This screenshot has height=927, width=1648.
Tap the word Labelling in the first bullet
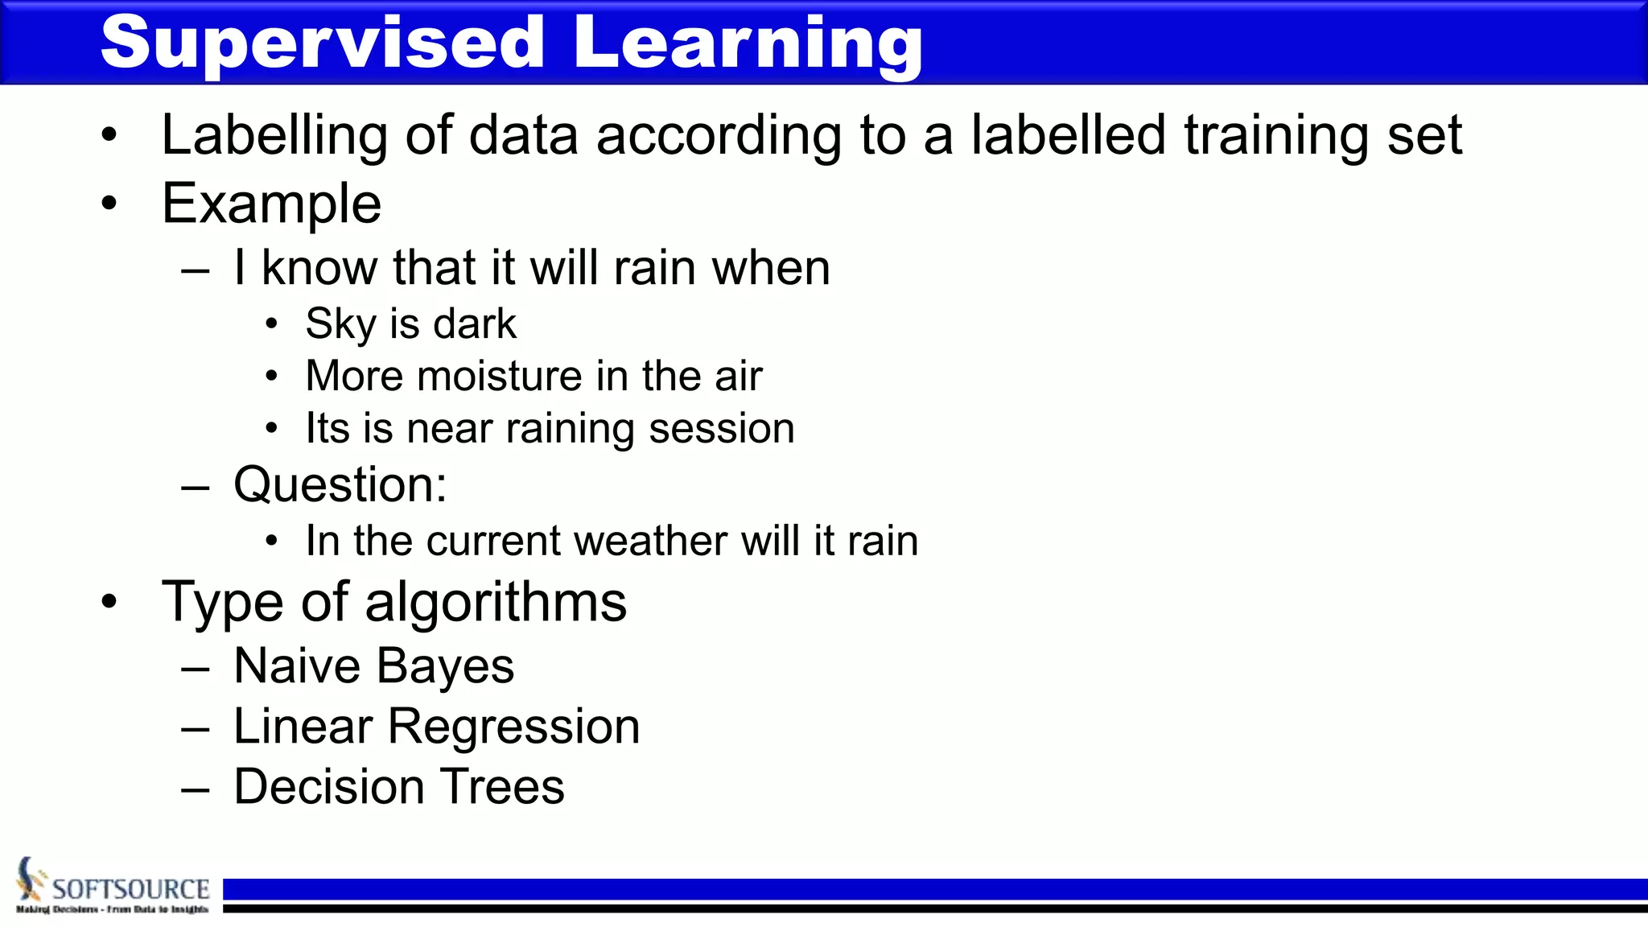coord(274,135)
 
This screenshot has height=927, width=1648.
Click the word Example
coord(271,204)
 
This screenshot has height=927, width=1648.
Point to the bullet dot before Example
coord(109,204)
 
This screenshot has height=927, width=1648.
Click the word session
coord(721,429)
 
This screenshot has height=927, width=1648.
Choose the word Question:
coord(340,485)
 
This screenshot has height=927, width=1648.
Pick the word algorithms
coord(495,602)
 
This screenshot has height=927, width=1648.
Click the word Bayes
coord(444,666)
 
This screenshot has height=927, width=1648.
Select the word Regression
coord(513,727)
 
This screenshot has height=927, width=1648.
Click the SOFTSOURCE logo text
coord(130,889)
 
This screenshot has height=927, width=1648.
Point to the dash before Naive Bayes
coord(196,669)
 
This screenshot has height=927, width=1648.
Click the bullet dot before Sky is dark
coord(272,324)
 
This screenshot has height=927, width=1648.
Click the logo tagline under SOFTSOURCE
coord(112,909)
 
